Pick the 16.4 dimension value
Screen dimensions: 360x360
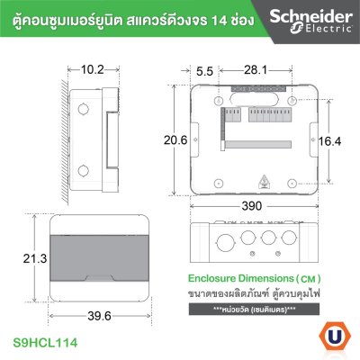pyautogui.click(x=332, y=140)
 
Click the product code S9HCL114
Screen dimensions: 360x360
pyautogui.click(x=49, y=344)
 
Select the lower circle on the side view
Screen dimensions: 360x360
pyautogui.click(x=82, y=169)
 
